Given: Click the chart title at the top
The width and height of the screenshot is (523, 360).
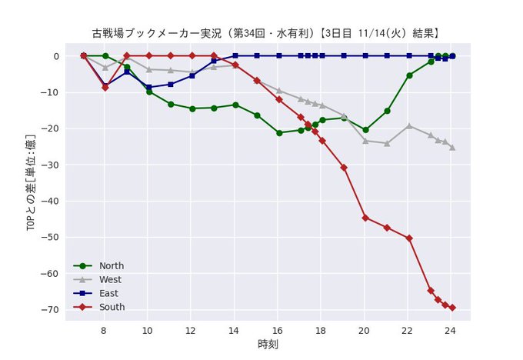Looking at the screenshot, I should point(266,34).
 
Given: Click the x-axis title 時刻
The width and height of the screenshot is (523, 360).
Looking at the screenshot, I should point(268,344).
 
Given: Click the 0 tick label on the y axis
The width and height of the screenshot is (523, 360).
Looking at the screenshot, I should point(55,56).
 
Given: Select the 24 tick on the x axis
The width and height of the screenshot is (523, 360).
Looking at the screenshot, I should point(452,331).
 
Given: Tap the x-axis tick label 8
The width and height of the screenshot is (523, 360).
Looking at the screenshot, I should point(105,331).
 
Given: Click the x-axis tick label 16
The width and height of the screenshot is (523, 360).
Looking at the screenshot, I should point(278,331).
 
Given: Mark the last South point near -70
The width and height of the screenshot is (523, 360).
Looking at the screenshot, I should point(452,308).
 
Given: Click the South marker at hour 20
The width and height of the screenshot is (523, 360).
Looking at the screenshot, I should point(365,218).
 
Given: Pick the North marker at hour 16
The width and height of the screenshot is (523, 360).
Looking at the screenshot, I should point(279,133).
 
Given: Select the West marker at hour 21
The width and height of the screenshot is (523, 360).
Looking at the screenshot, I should point(387,144).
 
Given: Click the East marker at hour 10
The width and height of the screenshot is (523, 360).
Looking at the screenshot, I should point(148,88).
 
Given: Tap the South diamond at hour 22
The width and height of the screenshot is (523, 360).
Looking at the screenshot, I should point(409,238).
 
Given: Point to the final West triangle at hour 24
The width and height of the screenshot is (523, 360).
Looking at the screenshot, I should point(452,147).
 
